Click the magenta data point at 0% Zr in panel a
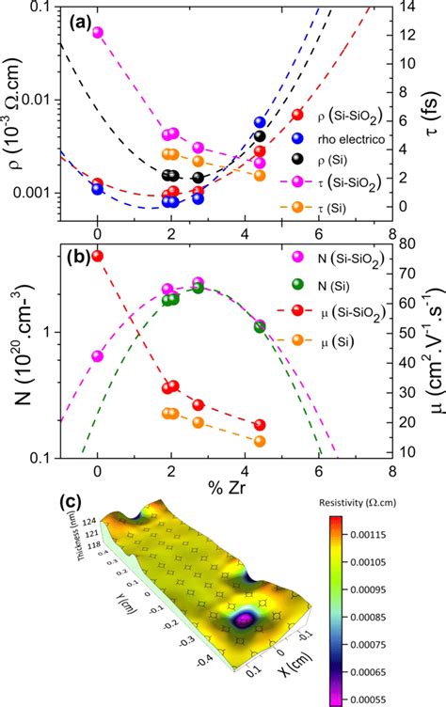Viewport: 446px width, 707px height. tap(97, 32)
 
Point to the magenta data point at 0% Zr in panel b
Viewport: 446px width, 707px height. tap(97, 355)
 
